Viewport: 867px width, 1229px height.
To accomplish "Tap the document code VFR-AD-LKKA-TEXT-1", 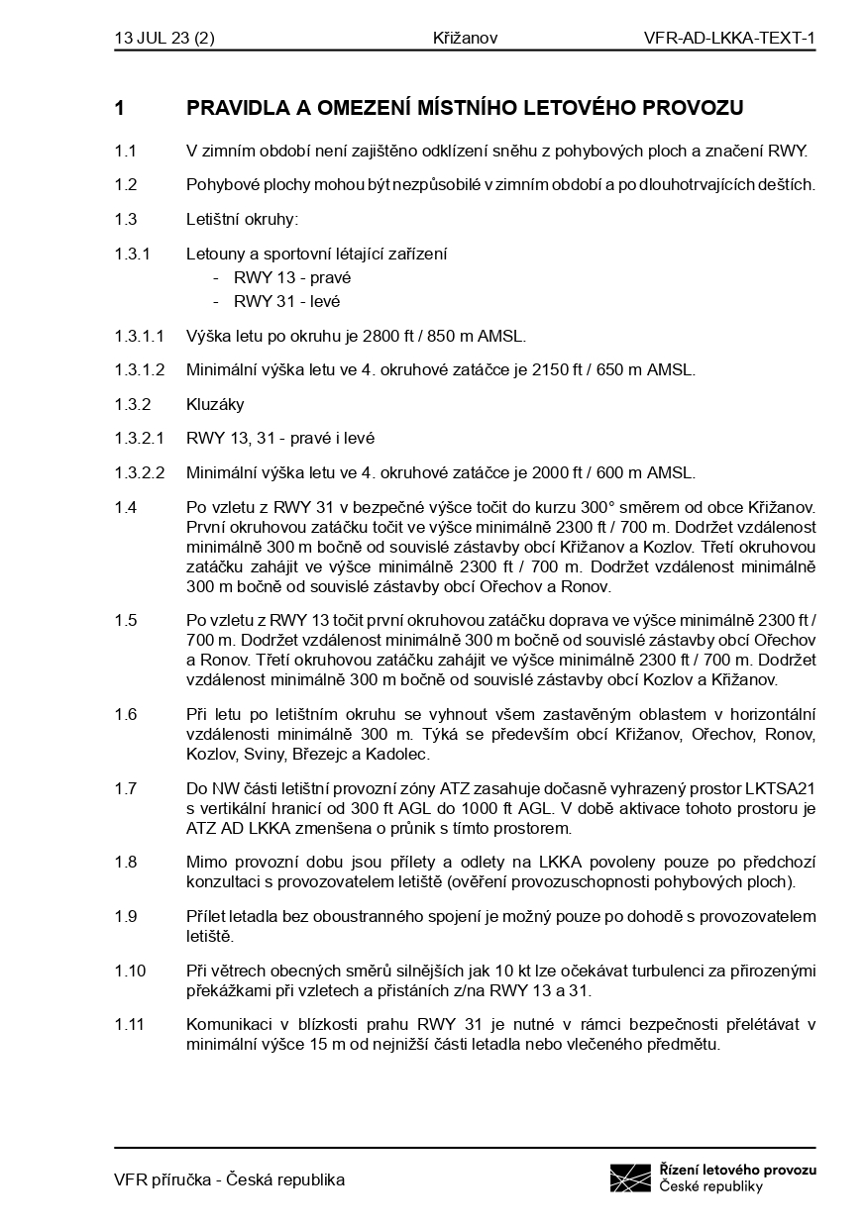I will (729, 39).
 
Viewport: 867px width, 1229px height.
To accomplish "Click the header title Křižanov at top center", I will (465, 39).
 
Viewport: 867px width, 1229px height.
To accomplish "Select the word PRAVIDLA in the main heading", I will (236, 108).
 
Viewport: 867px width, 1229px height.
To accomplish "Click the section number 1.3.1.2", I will (140, 370).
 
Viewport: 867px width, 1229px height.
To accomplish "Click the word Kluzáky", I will (215, 404).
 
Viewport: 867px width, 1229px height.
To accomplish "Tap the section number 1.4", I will (125, 507).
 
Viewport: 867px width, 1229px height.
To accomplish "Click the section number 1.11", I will (129, 1024).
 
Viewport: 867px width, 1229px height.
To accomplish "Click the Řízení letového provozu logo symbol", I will (630, 1178).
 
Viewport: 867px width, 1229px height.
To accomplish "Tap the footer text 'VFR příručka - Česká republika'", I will (230, 1179).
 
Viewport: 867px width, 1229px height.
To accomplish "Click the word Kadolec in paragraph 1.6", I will (401, 755).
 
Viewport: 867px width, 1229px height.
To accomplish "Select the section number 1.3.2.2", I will (140, 472).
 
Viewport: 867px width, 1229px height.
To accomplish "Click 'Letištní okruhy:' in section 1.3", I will (242, 220).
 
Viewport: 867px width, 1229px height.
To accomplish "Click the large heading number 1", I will (120, 108).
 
